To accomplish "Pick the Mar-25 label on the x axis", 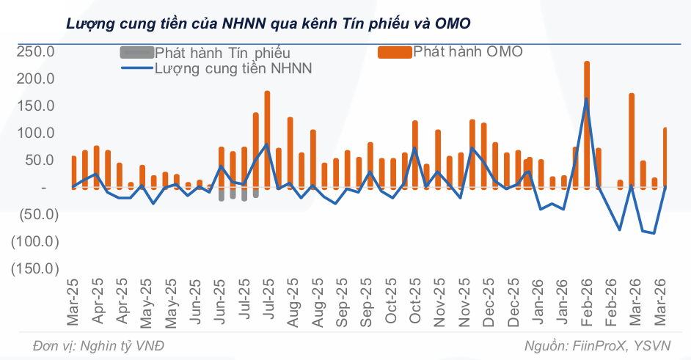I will (x=74, y=302).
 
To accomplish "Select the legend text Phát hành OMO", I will (x=468, y=51).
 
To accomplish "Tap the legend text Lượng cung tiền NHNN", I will (x=233, y=68).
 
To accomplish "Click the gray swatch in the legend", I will (x=136, y=53).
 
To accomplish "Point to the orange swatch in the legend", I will (x=394, y=52).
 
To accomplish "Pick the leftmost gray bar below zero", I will (x=222, y=194).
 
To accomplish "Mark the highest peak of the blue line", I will (x=587, y=99).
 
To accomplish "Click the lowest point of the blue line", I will (x=653, y=233).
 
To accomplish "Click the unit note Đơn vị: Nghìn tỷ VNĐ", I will (x=99, y=346).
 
